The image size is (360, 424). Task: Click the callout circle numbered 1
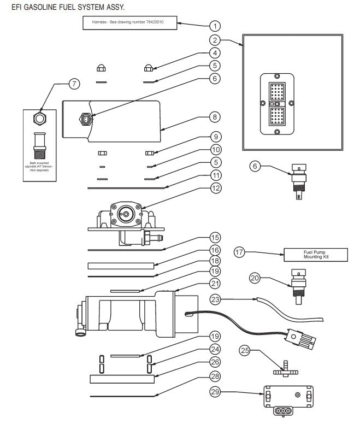216,25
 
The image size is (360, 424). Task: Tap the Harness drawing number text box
130,23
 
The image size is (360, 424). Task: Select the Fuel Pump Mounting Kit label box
309,254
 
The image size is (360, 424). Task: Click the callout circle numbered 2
216,40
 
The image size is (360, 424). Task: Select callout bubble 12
216,188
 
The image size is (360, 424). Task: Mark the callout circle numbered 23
216,299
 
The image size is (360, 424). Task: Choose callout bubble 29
216,391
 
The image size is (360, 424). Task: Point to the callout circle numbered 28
216,376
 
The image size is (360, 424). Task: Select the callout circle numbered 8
216,117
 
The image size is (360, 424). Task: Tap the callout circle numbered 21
216,283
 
